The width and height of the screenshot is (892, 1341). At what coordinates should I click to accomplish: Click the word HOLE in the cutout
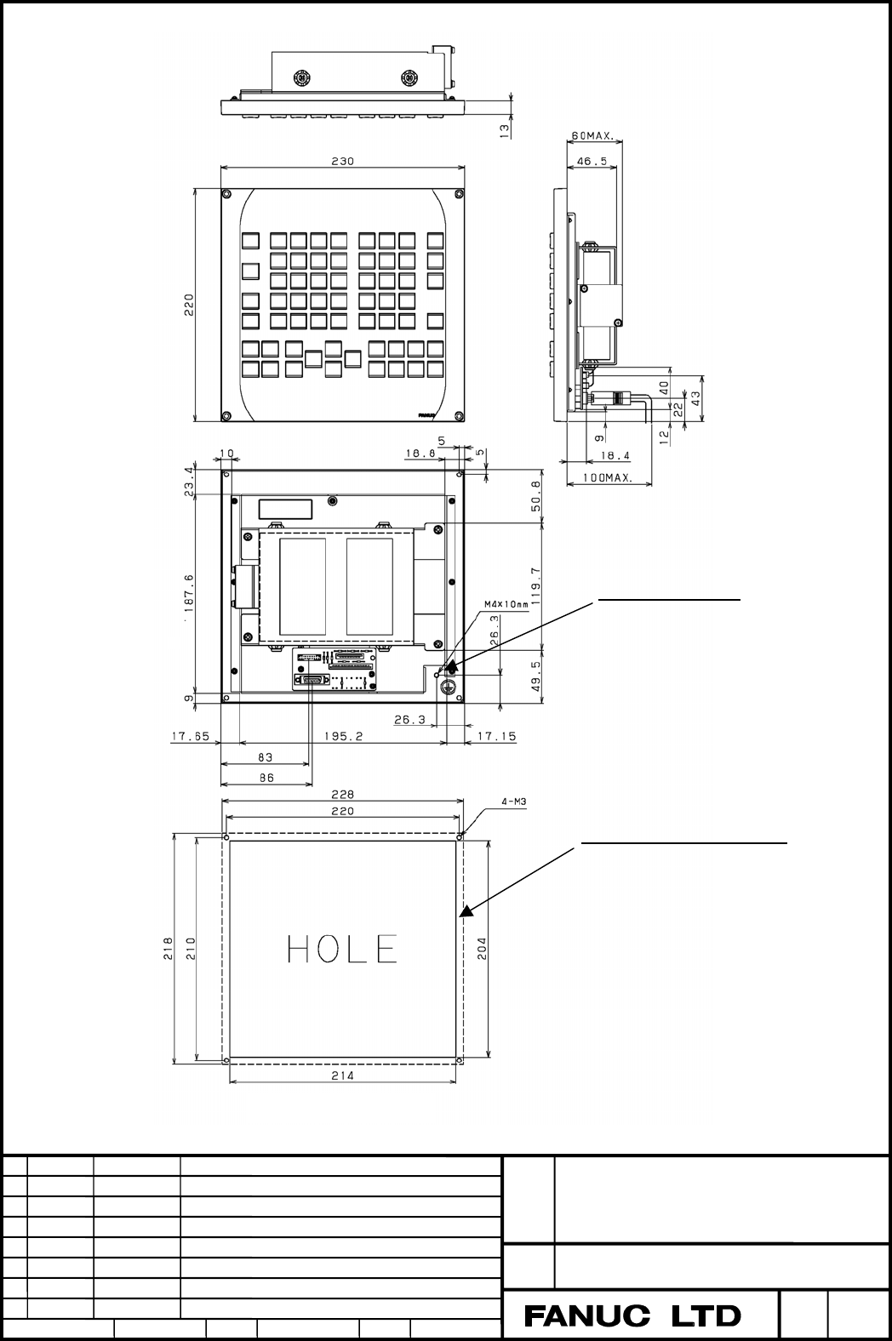342,949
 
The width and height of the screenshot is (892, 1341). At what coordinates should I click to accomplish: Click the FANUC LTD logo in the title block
632,1316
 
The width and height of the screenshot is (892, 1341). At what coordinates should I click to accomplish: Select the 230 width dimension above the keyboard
342,161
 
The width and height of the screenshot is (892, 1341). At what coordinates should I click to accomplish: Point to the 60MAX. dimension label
592,136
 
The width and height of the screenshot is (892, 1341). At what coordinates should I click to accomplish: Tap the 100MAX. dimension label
608,478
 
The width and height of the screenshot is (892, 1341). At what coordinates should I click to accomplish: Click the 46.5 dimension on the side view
592,161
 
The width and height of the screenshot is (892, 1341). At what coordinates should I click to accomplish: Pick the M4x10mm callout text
506,604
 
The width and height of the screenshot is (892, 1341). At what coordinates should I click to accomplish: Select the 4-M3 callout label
514,801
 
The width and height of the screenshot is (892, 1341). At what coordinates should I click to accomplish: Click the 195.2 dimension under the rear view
343,736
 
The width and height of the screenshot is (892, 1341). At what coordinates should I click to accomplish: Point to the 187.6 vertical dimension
189,593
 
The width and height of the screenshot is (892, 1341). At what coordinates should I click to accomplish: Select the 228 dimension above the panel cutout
342,795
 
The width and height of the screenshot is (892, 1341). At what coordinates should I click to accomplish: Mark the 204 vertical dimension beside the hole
482,948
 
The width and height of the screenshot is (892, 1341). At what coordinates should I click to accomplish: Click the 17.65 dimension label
191,736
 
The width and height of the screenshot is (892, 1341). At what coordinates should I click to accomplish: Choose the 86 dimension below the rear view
266,778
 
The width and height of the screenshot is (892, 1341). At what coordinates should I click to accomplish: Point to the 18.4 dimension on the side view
615,455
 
